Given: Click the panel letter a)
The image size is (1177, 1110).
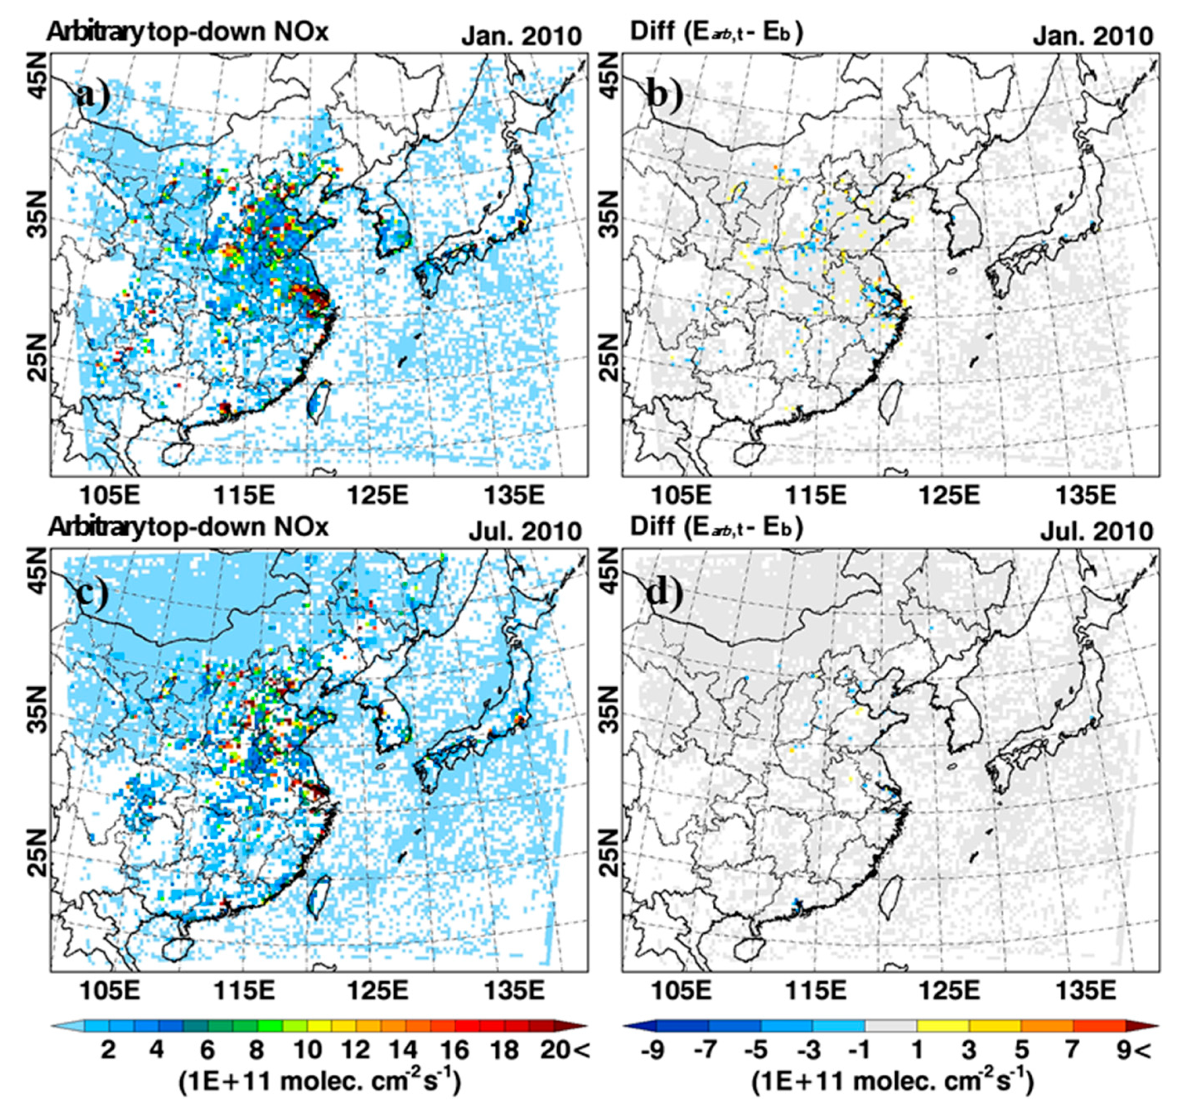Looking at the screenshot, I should tap(93, 94).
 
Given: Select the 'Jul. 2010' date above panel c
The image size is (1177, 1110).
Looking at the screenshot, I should tap(525, 531).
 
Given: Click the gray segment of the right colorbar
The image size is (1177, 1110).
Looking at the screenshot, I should tap(891, 1025).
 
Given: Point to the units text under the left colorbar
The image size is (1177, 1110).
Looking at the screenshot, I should tap(319, 1082).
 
